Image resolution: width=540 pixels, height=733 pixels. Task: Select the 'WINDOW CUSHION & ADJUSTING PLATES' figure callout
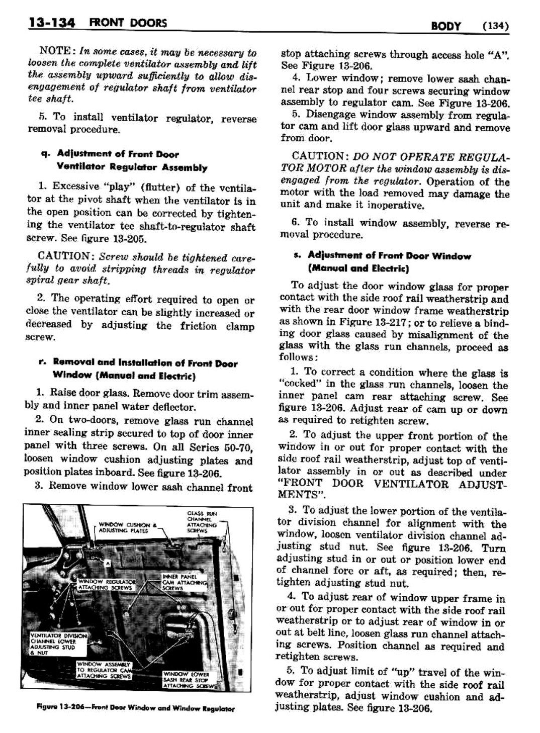tap(124, 526)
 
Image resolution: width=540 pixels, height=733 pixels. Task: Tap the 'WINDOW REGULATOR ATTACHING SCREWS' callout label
tap(104, 584)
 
